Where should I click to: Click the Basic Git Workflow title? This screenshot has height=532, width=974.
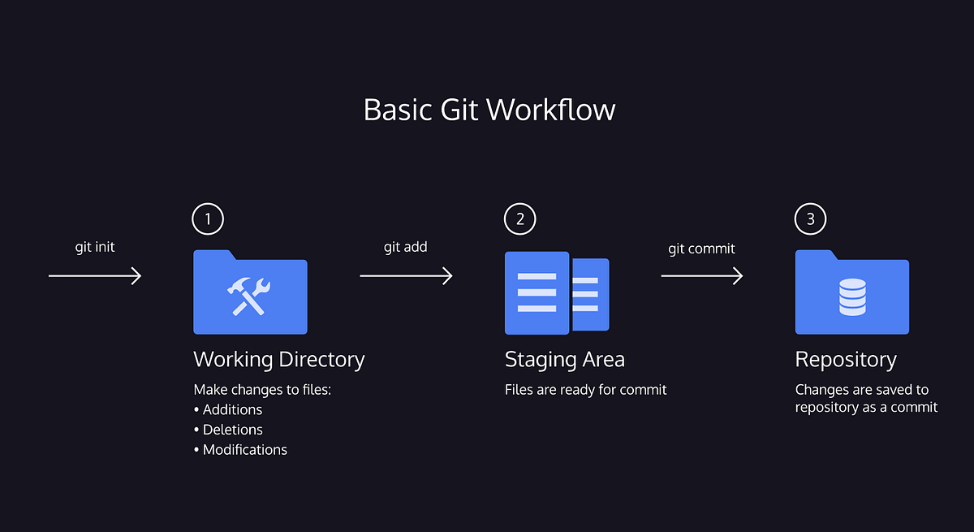[x=489, y=110]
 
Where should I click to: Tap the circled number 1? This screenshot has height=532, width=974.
[x=208, y=218]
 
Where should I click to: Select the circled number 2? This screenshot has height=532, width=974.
[x=520, y=218]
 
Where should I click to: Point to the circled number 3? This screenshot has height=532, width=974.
[x=810, y=218]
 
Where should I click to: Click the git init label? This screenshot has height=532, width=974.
[x=95, y=247]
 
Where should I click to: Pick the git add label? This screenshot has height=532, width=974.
[x=405, y=247]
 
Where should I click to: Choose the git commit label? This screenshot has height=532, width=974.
[x=701, y=249]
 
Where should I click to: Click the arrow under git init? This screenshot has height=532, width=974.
[x=95, y=277]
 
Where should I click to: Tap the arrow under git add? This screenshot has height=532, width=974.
[x=406, y=277]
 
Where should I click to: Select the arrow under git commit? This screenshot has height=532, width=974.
[x=702, y=277]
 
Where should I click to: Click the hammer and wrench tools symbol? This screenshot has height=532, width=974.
[x=250, y=296]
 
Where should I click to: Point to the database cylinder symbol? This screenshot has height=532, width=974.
[x=851, y=297]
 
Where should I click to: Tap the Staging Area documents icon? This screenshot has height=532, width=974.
[x=557, y=293]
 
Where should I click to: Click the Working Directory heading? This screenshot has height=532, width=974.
[x=279, y=359]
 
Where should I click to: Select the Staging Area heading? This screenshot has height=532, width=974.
[x=565, y=359]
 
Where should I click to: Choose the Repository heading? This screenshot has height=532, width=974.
[x=846, y=359]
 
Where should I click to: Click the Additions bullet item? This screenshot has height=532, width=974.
[x=232, y=410]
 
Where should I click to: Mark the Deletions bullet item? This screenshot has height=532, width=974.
[x=232, y=430]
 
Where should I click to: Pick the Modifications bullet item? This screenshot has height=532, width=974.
[x=244, y=449]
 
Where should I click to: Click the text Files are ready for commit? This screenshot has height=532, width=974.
[x=585, y=390]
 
